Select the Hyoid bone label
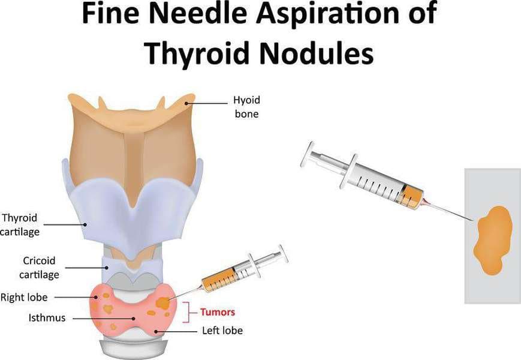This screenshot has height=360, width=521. [246, 107]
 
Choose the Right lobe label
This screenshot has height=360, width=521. [24, 296]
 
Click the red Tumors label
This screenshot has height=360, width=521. [217, 312]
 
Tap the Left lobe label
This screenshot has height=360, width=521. [222, 330]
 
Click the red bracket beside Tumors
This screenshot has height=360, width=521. [191, 312]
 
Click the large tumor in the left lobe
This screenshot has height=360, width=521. [163, 304]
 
